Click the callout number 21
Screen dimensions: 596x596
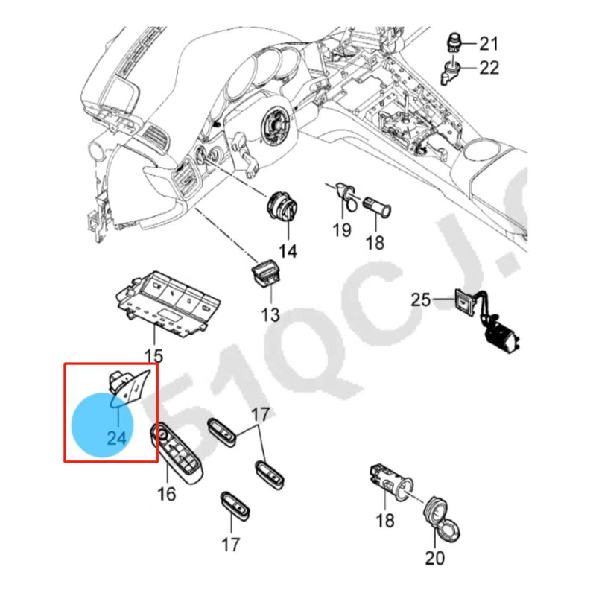tap(488, 42)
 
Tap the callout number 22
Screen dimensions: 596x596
tap(489, 69)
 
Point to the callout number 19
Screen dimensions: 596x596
tap(341, 230)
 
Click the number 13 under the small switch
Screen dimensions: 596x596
tap(270, 314)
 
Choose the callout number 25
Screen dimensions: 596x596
tap(422, 299)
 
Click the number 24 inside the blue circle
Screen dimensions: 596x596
tap(116, 437)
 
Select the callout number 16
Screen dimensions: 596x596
tap(166, 493)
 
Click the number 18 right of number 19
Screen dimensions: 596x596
tap(375, 242)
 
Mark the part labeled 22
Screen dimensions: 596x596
tap(451, 72)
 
